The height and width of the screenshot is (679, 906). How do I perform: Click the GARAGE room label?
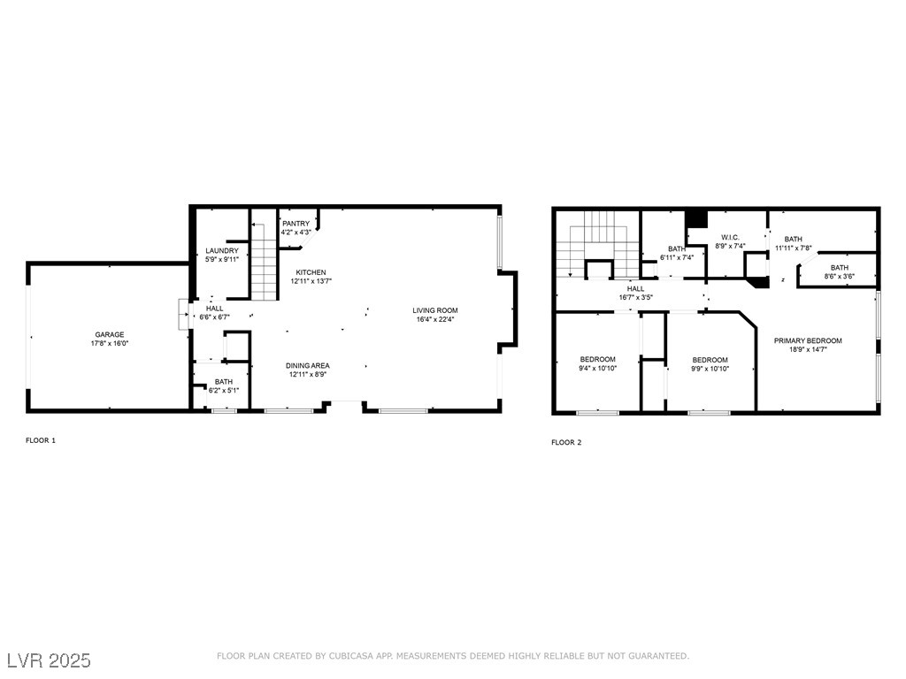coord(110,335)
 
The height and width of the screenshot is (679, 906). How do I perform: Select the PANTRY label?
coord(296,224)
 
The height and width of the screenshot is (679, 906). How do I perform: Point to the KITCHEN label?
coord(311,272)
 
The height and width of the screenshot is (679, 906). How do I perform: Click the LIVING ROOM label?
coord(434,310)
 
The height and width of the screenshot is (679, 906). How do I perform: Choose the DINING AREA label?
coord(307,365)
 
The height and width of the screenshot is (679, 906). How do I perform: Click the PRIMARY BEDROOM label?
coord(807,341)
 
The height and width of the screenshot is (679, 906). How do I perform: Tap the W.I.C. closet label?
coord(730,237)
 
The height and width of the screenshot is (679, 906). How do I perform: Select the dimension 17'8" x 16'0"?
coord(110,344)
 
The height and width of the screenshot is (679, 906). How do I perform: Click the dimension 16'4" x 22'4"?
coord(434,319)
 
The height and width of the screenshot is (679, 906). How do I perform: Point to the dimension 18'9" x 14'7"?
coord(807,350)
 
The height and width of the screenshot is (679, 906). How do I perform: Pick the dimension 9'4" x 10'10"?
coord(597,369)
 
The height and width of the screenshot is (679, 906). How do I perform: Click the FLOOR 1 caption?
coord(41,440)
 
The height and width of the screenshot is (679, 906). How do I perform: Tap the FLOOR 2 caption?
coord(566,442)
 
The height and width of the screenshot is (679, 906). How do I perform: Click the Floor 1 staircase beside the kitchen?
coord(264,262)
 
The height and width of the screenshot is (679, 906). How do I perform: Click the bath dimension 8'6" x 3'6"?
coord(839,277)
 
